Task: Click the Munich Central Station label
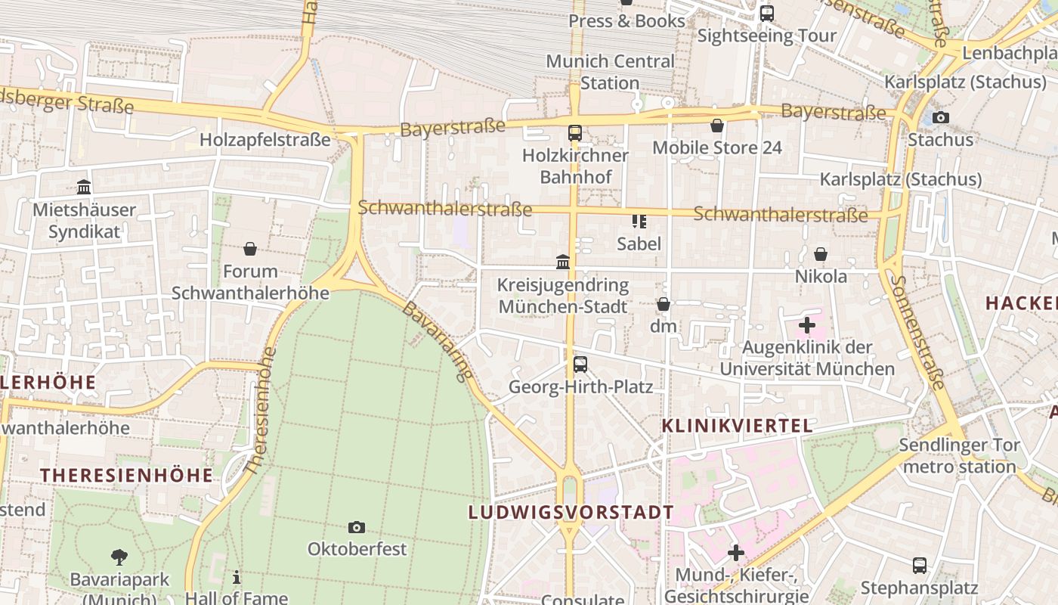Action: (610, 72)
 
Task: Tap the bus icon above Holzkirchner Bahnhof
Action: (574, 133)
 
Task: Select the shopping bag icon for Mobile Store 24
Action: (716, 126)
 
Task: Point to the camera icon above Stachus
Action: (940, 117)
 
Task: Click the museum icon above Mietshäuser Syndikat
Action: (84, 187)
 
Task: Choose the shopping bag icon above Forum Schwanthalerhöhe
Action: (250, 248)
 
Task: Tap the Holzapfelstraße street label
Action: (265, 140)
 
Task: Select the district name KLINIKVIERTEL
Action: (737, 426)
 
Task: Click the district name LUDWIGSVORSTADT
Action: (571, 512)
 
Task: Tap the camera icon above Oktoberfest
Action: (357, 527)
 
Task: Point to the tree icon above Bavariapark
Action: (119, 557)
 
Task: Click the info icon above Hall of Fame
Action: (237, 577)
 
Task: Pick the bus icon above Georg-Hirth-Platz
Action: (580, 365)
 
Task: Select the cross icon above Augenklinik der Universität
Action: (806, 326)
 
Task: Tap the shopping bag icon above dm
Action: (663, 304)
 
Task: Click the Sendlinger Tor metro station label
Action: (959, 456)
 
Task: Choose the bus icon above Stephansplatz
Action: (919, 565)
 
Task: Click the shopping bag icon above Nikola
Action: (821, 254)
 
